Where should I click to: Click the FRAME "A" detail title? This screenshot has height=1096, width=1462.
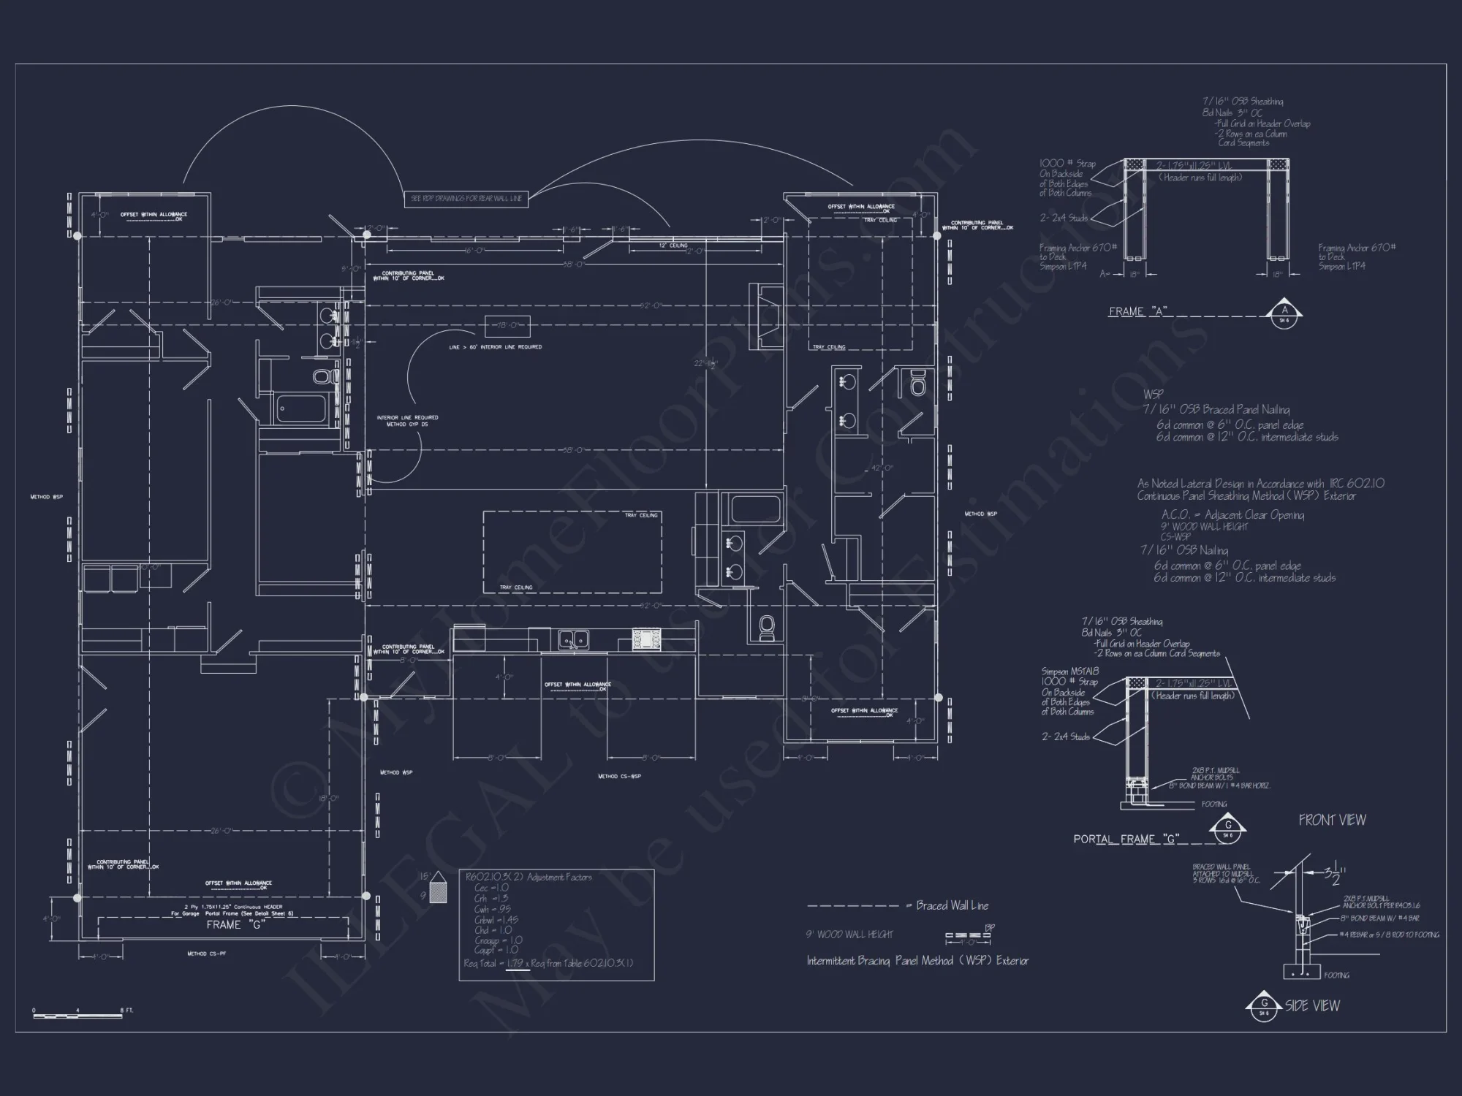1137,312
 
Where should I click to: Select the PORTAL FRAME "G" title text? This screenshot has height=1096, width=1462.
1126,839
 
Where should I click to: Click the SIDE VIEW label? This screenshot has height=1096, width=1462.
1312,1006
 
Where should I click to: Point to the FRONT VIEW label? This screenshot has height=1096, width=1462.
1332,820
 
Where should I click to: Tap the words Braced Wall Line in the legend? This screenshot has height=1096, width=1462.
952,905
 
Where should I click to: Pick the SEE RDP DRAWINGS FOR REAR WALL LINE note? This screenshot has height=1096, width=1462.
466,199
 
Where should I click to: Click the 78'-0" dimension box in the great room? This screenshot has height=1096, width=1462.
507,325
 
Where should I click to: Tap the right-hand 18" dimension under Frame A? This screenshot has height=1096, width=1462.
1277,275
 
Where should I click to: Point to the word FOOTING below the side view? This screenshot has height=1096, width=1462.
1336,975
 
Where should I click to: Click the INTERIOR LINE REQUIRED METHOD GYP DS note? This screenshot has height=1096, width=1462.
407,421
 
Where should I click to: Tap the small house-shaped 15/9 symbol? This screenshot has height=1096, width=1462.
438,887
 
